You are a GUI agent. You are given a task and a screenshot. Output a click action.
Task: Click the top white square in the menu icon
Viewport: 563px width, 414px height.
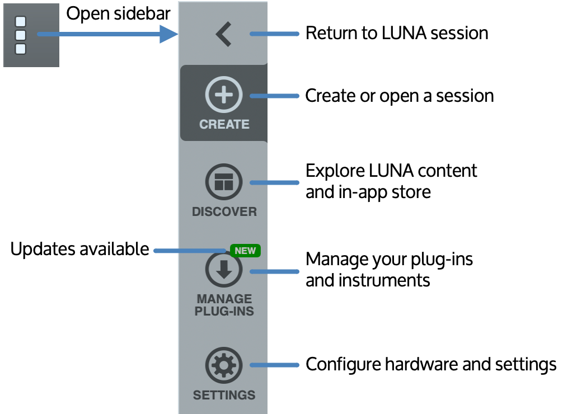tap(21, 22)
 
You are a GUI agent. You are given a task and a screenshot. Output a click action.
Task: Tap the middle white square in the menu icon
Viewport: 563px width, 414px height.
tap(21, 35)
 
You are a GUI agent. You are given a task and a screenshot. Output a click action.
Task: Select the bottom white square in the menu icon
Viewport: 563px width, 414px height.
tap(21, 49)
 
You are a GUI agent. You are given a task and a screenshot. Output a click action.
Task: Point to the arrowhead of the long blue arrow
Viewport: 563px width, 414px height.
tap(170, 34)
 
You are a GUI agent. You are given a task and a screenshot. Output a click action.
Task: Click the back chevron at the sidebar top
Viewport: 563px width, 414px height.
tap(223, 34)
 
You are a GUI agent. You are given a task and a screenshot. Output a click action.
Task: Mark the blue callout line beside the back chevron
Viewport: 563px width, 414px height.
tap(274, 34)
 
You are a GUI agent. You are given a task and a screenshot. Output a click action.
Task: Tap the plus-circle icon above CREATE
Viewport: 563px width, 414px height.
tap(224, 95)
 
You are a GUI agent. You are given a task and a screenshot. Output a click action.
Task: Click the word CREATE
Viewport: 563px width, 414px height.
tap(224, 124)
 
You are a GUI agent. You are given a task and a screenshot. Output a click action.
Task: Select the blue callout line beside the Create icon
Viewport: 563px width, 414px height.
tap(274, 96)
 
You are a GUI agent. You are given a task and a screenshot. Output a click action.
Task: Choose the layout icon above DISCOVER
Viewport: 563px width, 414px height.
tap(224, 182)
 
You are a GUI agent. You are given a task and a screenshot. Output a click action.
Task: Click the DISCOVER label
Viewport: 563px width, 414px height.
tap(224, 212)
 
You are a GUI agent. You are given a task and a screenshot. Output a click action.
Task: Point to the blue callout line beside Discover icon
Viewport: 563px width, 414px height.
tap(274, 183)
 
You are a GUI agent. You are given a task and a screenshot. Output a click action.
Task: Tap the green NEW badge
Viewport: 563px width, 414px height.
tap(245, 251)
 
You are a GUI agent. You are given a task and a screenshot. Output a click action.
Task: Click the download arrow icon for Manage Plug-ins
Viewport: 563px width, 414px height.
tap(224, 270)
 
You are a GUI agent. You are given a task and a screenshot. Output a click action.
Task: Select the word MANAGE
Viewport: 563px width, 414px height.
tap(224, 299)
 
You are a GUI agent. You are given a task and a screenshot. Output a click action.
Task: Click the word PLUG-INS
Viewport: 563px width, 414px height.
tap(224, 312)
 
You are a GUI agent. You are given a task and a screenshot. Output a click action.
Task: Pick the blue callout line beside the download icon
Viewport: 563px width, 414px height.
tap(274, 272)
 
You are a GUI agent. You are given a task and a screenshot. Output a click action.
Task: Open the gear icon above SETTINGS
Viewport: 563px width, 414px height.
tap(224, 365)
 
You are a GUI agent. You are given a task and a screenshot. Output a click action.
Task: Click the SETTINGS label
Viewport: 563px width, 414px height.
tap(224, 396)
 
